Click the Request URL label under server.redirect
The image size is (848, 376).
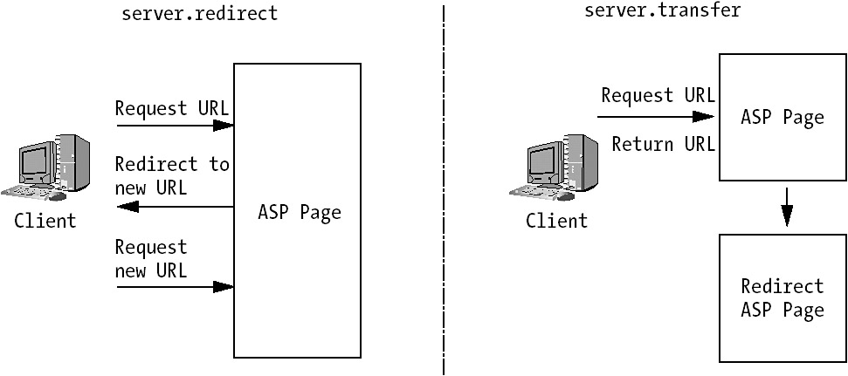point(172,108)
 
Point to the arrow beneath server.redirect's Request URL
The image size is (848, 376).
point(175,126)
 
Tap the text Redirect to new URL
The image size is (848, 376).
point(172,175)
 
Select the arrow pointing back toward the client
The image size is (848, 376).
point(175,207)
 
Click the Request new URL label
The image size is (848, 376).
point(151,258)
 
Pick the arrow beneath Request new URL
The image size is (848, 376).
point(175,286)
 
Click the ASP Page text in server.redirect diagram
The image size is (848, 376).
point(300,212)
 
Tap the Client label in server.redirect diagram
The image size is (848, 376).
point(45,221)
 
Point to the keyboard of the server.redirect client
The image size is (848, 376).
point(26,192)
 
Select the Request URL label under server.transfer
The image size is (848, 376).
point(658,95)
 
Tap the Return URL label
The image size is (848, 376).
point(663,144)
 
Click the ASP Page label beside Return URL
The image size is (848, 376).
point(782,117)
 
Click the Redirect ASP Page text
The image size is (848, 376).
point(782,297)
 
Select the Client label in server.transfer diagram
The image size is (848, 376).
point(556,221)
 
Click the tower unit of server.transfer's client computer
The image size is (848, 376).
point(582,164)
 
